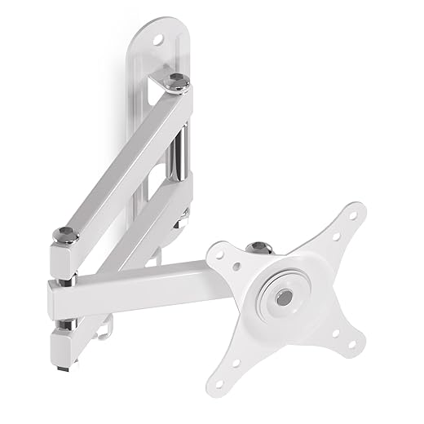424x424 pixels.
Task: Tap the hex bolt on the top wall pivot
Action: coord(178,80)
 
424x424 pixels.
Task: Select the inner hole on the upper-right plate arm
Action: coord(334,236)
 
